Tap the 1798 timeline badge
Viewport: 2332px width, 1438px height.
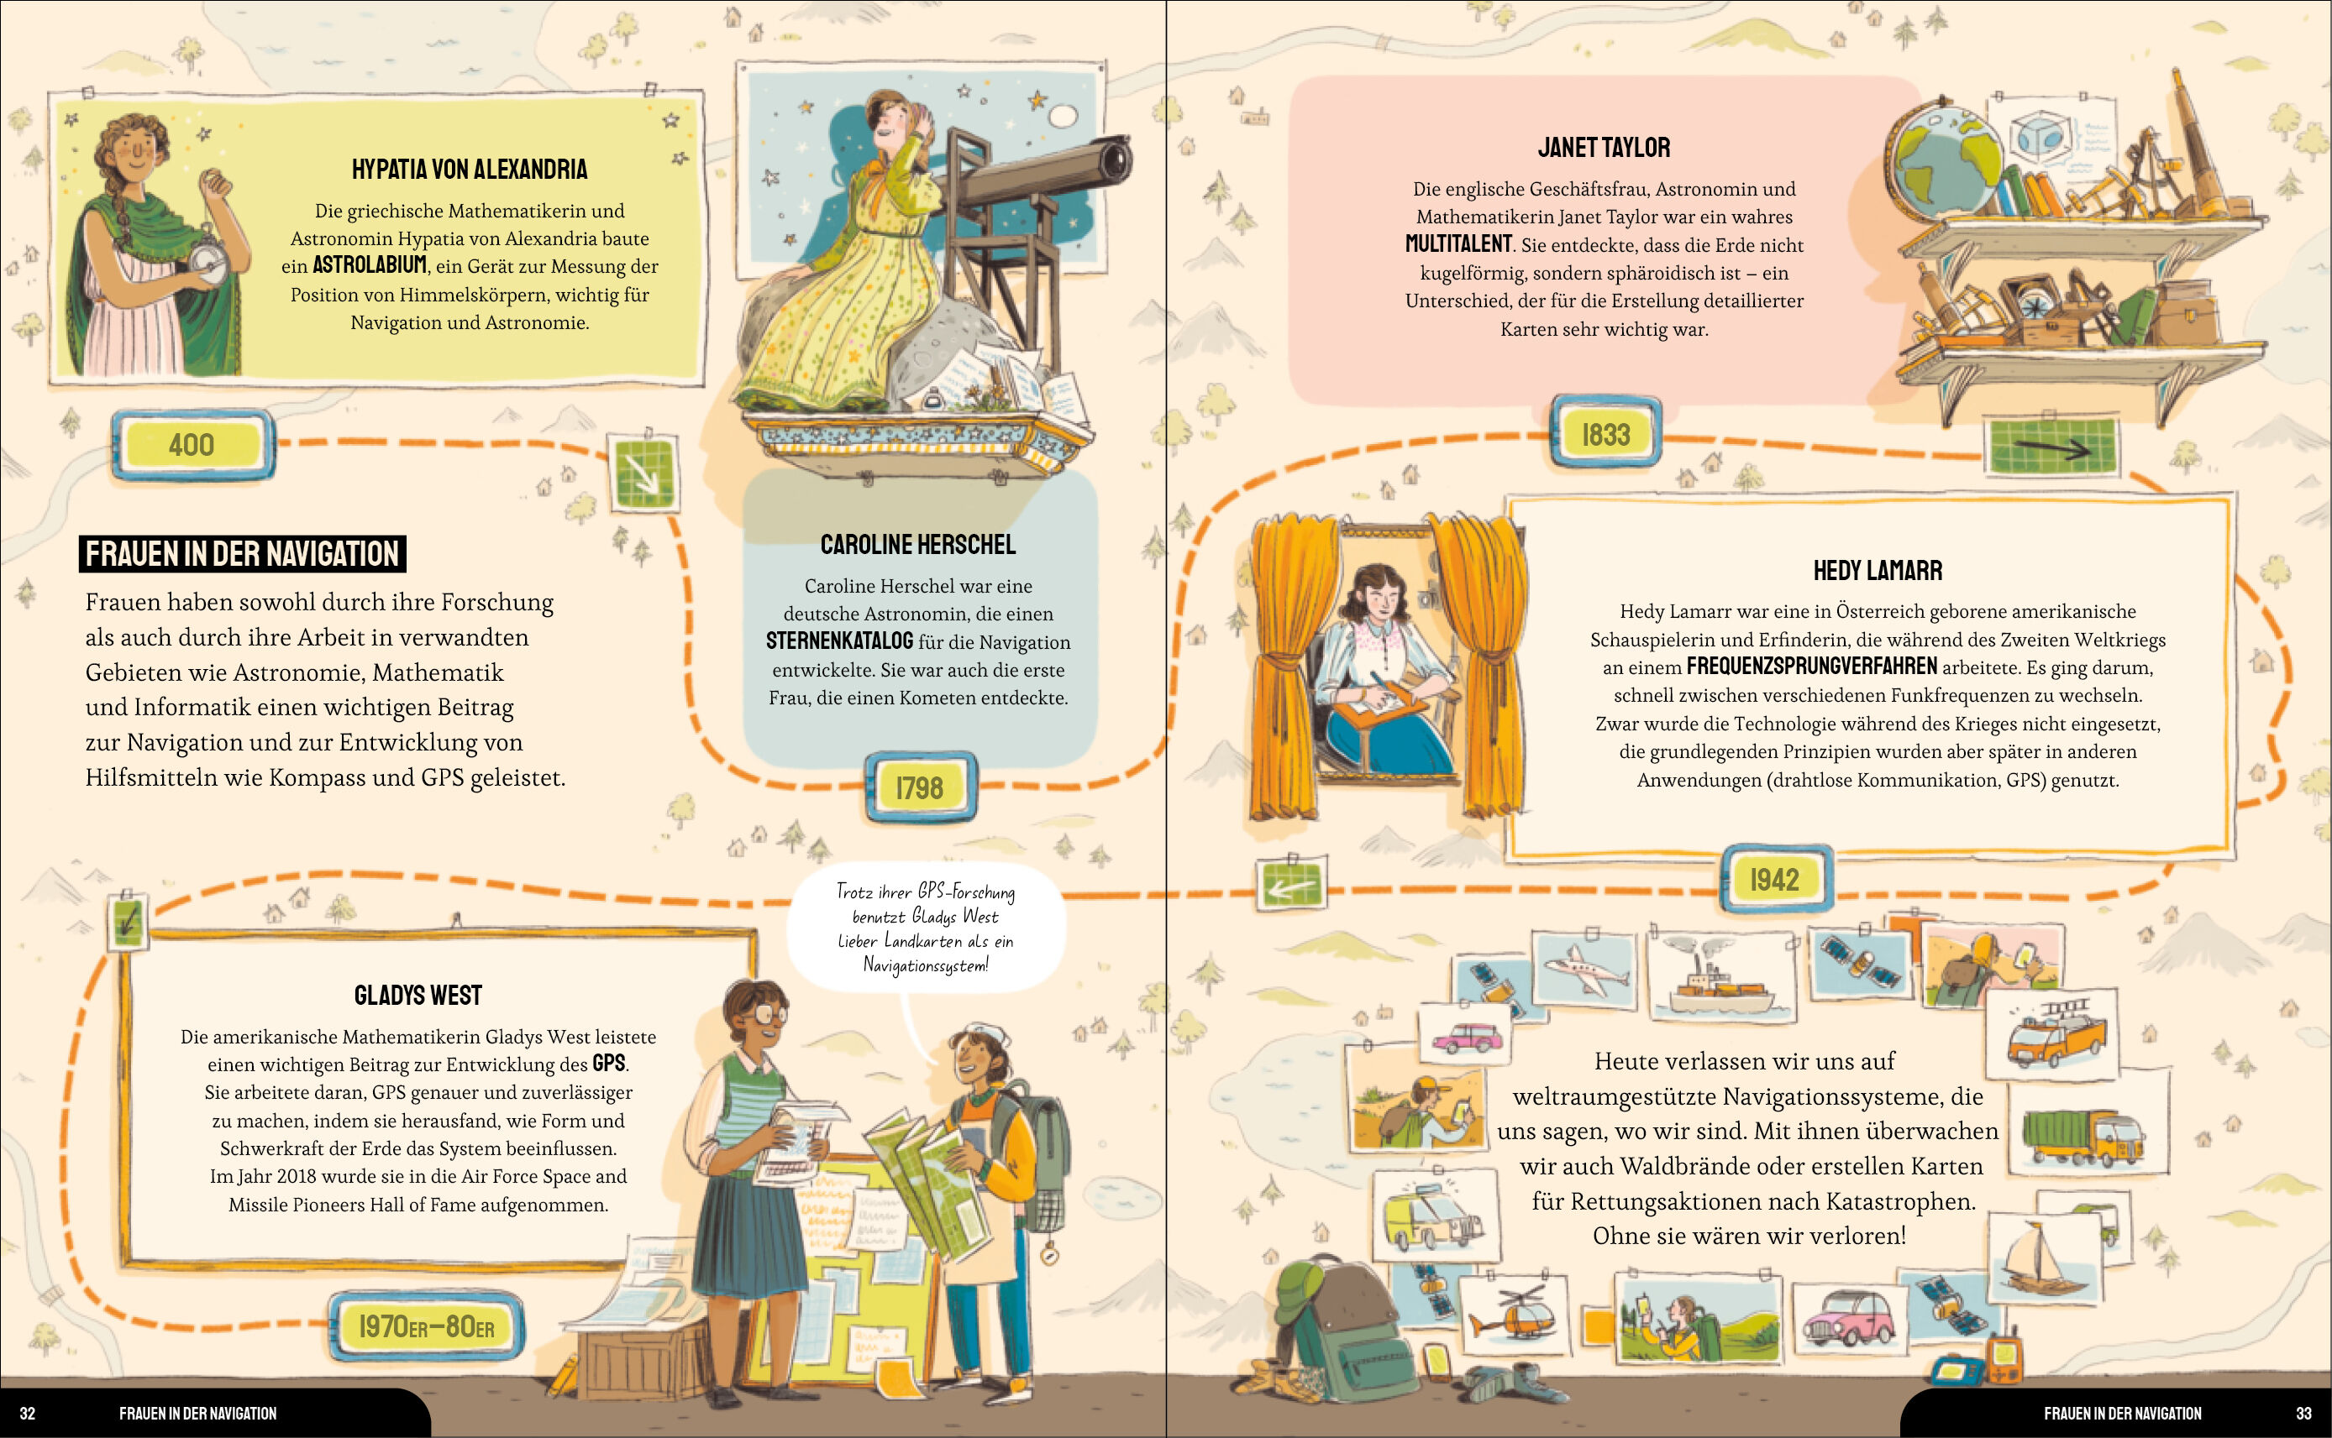click(x=920, y=787)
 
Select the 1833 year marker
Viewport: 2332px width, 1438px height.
click(x=1606, y=434)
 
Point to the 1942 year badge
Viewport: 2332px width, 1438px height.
click(x=1775, y=879)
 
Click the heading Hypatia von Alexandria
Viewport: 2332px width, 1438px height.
click(x=470, y=170)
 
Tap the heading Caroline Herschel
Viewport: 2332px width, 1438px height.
click(x=918, y=545)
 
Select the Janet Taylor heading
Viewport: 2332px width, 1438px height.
click(x=1605, y=148)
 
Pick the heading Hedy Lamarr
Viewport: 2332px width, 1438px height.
click(x=1878, y=571)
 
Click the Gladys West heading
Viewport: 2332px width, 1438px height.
click(x=418, y=996)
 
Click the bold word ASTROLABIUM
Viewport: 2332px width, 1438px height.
click(x=369, y=265)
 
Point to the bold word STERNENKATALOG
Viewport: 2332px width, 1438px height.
click(x=839, y=641)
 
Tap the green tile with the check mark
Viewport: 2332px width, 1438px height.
click(x=127, y=920)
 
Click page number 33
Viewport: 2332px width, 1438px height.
click(x=2303, y=1414)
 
